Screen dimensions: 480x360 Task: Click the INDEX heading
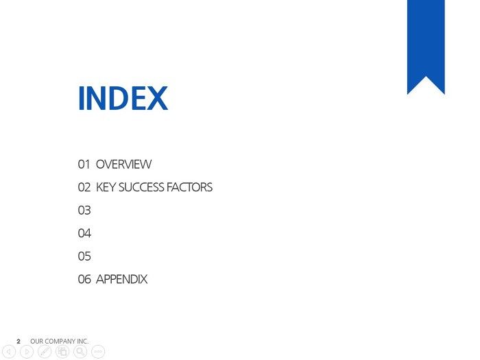123,97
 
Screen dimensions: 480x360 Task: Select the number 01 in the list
84,165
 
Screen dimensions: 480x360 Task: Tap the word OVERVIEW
123,165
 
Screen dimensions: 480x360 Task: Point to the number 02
84,187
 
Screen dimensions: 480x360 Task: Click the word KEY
106,187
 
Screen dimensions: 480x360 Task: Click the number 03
84,211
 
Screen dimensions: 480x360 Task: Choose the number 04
84,233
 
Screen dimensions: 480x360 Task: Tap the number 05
84,256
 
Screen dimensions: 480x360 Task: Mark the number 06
84,279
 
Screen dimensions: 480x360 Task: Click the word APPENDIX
122,279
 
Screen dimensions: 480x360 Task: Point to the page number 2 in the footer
19,341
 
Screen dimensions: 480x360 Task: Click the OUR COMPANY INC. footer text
60,341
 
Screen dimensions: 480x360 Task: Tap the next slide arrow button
27,352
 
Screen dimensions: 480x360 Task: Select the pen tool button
45,352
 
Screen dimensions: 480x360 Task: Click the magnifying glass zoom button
80,352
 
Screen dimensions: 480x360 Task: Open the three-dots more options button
98,352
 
